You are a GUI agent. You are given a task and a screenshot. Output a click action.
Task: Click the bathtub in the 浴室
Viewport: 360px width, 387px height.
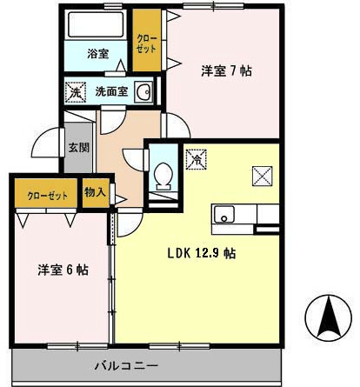pos(96,24)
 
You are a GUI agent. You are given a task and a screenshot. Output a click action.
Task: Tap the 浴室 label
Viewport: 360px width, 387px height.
pos(98,54)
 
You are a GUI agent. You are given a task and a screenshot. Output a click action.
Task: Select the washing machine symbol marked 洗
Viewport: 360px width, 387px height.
pos(76,92)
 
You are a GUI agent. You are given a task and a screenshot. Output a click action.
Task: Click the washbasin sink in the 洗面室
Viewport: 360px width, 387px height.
pos(143,91)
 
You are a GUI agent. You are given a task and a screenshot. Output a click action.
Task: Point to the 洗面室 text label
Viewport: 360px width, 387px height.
pos(111,91)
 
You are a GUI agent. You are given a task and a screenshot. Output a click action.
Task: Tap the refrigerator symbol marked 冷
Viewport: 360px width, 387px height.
pos(197,159)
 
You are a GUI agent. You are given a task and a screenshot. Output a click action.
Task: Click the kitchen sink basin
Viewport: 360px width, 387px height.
pos(224,214)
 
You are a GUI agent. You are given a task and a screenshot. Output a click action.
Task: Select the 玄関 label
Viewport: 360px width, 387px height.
pos(78,148)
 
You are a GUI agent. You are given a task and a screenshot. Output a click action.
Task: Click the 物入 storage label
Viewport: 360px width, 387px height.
pos(95,192)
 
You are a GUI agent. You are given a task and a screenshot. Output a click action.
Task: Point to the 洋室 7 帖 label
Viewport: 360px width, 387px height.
pos(226,71)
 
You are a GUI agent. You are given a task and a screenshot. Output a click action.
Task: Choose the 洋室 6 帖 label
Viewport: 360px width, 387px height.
pos(63,270)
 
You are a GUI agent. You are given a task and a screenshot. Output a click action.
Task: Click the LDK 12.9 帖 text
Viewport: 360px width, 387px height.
pos(202,253)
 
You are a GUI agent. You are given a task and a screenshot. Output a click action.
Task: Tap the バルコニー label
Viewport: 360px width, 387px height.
pos(126,365)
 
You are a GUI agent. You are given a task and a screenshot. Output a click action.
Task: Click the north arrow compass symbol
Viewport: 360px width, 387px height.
pos(329,318)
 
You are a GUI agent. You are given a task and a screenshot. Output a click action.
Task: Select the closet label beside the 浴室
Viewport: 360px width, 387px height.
pos(147,43)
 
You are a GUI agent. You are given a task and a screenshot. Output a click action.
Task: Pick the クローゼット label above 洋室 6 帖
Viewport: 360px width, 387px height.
pos(47,197)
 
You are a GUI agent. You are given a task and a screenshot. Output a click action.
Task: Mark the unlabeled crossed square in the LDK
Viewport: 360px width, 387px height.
pos(262,176)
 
